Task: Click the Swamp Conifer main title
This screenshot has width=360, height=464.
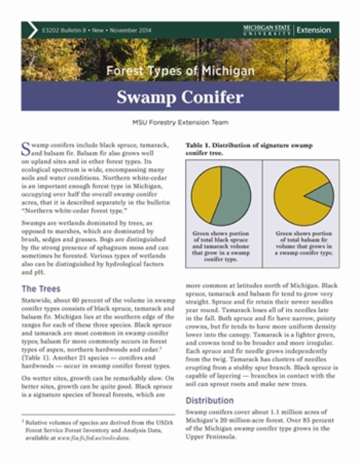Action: point(180,97)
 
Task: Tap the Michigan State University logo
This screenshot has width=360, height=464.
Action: point(267,30)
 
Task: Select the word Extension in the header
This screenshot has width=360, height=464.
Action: point(314,30)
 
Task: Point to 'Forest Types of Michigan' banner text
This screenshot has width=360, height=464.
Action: point(180,71)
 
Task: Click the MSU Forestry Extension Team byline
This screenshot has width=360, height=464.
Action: point(180,123)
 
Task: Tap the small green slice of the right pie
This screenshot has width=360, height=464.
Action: point(322,195)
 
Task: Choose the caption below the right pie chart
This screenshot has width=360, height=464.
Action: point(303,243)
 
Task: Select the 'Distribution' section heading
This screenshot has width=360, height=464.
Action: point(209,400)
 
